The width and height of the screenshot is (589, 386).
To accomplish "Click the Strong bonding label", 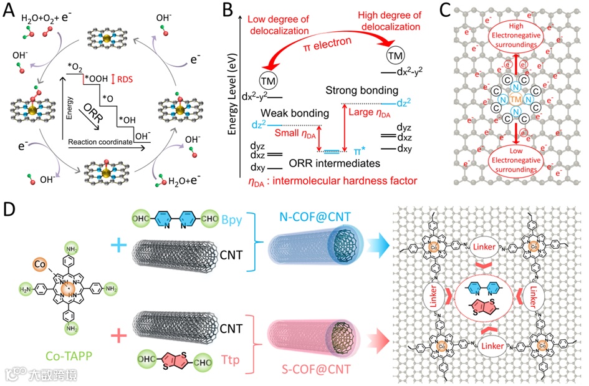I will [353, 91].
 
